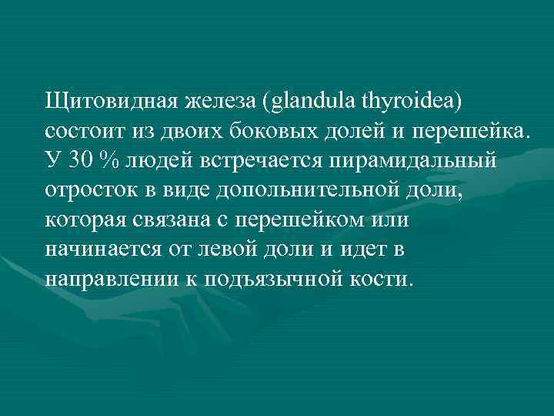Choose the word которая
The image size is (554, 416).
tap(86, 220)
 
